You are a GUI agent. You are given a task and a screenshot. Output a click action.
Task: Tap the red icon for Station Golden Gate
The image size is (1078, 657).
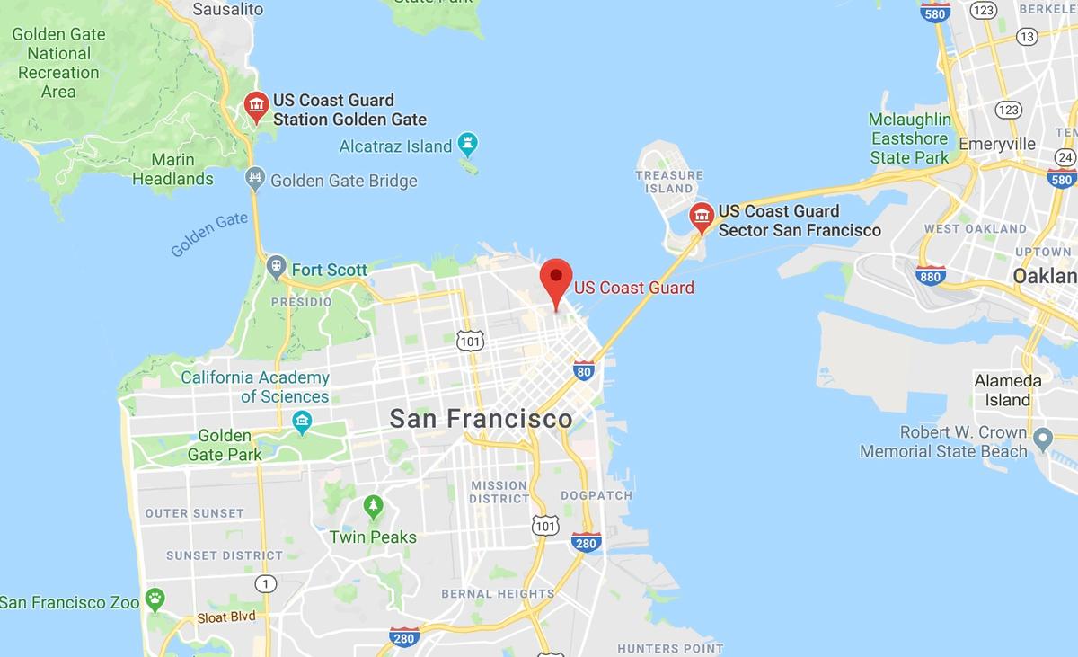pyautogui.click(x=257, y=106)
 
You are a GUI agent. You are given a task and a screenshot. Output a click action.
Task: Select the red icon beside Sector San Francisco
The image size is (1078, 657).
pyautogui.click(x=701, y=217)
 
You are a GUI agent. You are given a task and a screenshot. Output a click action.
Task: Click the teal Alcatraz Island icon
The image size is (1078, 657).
pyautogui.click(x=467, y=143)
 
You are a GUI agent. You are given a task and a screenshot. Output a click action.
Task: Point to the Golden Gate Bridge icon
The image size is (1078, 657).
pyautogui.click(x=255, y=178)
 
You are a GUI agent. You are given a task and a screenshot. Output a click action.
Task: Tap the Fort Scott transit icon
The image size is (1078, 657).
pyautogui.click(x=276, y=266)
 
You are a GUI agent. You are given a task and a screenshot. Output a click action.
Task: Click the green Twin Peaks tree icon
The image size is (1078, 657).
pyautogui.click(x=373, y=507)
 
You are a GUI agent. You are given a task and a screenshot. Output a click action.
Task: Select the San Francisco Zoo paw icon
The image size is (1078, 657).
pyautogui.click(x=156, y=598)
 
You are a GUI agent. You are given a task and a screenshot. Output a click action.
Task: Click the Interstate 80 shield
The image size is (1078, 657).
pyautogui.click(x=583, y=369)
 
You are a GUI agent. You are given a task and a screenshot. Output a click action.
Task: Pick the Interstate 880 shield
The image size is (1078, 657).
pyautogui.click(x=930, y=276)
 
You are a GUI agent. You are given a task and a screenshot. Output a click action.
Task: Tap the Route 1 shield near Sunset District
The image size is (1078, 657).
pyautogui.click(x=264, y=583)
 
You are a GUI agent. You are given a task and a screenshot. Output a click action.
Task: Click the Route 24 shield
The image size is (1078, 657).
pyautogui.click(x=1065, y=157)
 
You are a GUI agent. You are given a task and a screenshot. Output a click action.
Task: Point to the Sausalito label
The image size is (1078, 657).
pyautogui.click(x=228, y=9)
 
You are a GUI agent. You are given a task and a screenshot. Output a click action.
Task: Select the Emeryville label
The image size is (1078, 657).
pyautogui.click(x=997, y=144)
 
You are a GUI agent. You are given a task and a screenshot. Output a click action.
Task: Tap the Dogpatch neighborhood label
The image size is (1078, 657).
pyautogui.click(x=596, y=495)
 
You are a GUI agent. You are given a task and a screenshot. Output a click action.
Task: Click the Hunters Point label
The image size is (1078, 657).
pyautogui.click(x=669, y=648)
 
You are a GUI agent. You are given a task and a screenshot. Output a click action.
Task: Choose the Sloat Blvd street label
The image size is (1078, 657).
pyautogui.click(x=226, y=617)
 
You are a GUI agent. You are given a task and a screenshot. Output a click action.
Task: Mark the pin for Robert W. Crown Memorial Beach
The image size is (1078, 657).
pyautogui.click(x=1043, y=440)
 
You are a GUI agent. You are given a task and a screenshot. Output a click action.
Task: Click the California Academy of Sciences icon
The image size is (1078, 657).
pyautogui.click(x=302, y=420)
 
